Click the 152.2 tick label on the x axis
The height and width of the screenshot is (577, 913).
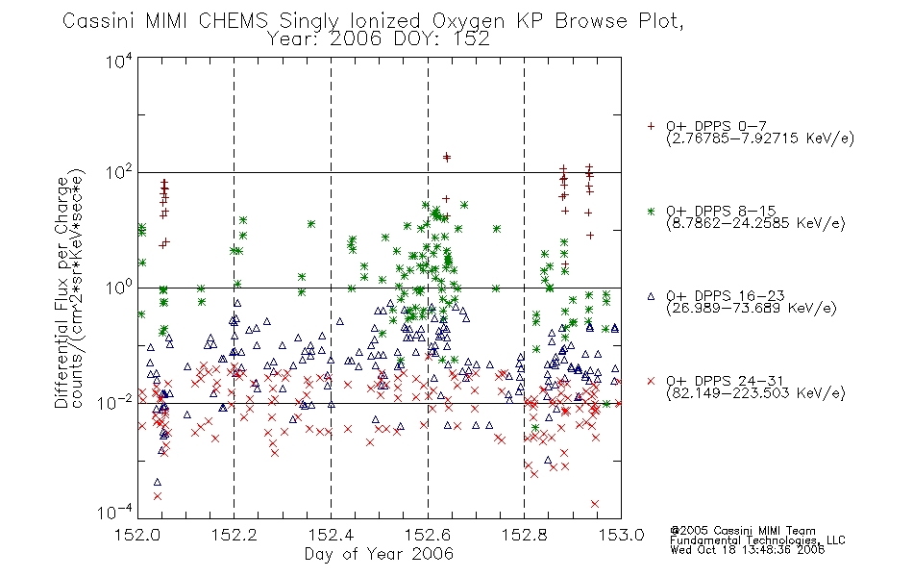pos(234,535)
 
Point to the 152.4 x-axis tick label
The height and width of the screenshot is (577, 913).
pos(332,535)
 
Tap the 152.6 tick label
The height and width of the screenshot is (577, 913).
pos(428,535)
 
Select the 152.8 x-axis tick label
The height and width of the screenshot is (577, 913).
pos(525,535)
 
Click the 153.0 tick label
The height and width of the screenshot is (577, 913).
pos(621,535)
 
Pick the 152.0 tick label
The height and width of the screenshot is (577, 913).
pos(137,535)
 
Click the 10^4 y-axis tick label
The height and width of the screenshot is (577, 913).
pos(119,61)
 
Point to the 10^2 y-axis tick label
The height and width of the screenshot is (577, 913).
pos(119,173)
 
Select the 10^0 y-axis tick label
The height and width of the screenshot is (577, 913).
pos(119,288)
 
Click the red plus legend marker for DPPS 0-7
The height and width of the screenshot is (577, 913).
pos(651,126)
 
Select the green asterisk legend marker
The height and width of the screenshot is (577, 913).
pos(651,211)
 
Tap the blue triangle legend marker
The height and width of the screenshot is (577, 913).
pos(651,296)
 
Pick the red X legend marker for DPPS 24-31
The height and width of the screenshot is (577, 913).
pos(651,381)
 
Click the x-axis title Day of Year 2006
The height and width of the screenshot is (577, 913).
pos(379,554)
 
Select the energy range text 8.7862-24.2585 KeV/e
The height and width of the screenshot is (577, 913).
pos(755,223)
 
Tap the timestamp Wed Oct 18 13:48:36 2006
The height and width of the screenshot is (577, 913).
pos(747,549)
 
